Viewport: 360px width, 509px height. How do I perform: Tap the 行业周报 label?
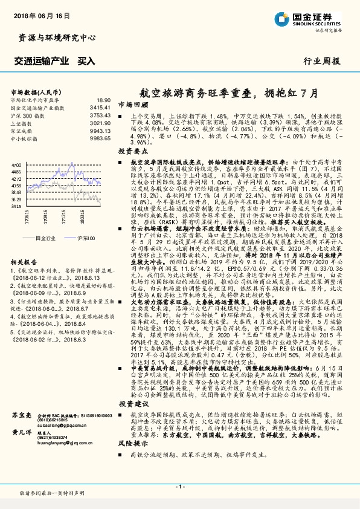(x=327, y=62)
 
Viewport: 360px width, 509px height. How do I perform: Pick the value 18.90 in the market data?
(x=103, y=100)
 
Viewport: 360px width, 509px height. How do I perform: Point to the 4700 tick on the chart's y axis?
(x=17, y=164)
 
